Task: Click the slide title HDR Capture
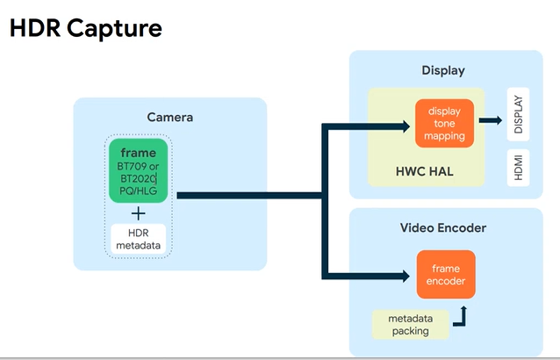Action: click(86, 28)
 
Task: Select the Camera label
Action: click(170, 117)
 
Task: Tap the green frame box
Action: click(138, 170)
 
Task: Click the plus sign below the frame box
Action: click(138, 214)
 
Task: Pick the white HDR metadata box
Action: click(138, 239)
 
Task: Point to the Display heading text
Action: click(443, 70)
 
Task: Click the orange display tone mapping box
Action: click(444, 123)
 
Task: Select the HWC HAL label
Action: click(425, 171)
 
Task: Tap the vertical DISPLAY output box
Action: click(518, 114)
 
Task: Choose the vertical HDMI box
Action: click(518, 168)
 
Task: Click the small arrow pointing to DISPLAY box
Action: click(491, 120)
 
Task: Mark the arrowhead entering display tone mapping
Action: click(406, 126)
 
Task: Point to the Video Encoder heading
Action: click(443, 228)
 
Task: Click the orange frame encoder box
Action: click(446, 274)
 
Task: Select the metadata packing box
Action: click(411, 325)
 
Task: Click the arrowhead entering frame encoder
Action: click(406, 276)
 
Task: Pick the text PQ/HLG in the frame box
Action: click(138, 191)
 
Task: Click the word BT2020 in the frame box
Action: click(138, 178)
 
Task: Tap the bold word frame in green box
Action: click(138, 153)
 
